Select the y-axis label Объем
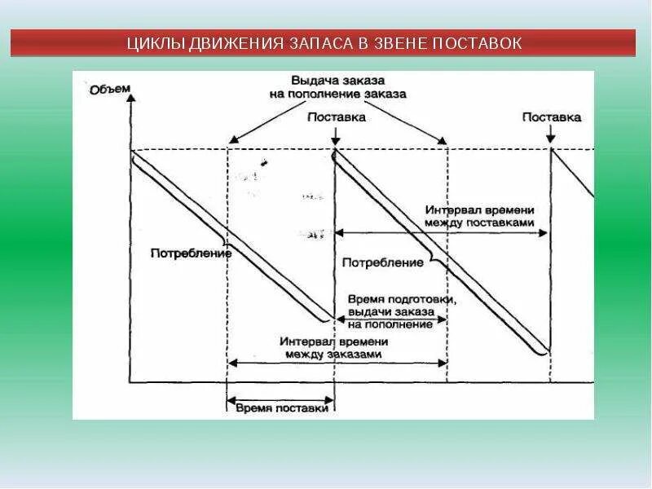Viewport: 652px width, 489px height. pos(109,90)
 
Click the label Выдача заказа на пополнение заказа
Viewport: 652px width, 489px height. pos(337,87)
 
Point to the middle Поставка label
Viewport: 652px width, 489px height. pos(336,117)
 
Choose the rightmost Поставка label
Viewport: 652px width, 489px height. pos(552,117)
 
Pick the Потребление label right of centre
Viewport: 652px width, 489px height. pos(382,262)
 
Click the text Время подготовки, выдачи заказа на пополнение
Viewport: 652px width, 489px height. pos(400,311)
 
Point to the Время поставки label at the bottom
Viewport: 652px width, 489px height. pos(280,407)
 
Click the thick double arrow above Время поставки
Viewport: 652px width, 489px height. pos(280,399)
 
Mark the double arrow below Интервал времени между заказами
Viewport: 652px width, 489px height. pos(337,362)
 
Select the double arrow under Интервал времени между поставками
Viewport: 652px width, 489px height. pos(441,233)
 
